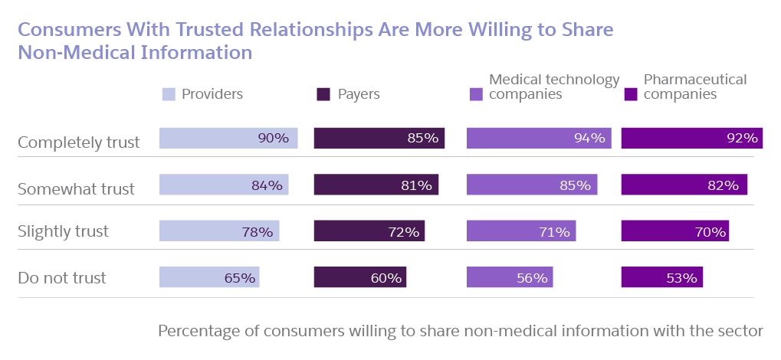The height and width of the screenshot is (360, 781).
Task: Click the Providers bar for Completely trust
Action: coord(228,138)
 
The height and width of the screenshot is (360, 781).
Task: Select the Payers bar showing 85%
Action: coord(379,138)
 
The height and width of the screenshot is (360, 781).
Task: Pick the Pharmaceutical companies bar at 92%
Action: coord(691,138)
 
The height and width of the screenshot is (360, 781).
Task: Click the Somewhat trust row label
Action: coord(76,188)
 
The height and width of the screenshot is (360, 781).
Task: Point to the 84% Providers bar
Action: coord(224,185)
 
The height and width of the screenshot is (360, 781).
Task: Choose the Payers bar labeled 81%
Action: coord(376,185)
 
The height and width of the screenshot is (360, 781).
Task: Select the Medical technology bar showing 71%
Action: coord(521,231)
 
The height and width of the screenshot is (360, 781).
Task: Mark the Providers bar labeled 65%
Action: coord(209,277)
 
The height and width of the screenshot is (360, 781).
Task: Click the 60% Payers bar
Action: coord(360,277)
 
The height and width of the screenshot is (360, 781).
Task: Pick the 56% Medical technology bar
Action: coord(510,277)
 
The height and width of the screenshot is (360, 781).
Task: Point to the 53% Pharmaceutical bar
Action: coord(661,277)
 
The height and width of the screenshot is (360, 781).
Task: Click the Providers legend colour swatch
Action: coord(168,95)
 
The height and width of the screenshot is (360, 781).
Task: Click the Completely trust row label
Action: coord(78,142)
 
